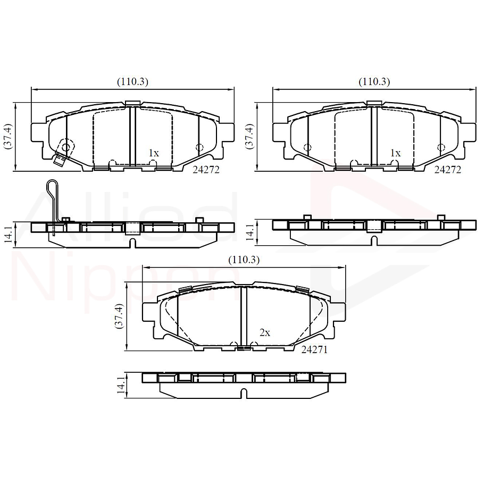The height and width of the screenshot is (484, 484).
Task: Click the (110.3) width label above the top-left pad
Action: [132, 81]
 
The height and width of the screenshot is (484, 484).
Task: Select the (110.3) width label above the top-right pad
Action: [374, 81]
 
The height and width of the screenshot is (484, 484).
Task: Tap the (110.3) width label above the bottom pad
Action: [244, 260]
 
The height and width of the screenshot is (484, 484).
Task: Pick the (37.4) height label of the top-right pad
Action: [248, 137]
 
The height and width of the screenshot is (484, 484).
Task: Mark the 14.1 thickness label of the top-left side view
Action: [7, 234]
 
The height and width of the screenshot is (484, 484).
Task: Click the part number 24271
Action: [314, 349]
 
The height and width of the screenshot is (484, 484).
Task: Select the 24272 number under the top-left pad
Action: [206, 170]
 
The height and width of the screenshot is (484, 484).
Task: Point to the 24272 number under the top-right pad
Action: [447, 170]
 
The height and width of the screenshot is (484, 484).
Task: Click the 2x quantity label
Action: [265, 332]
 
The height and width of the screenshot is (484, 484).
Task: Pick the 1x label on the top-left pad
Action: [153, 153]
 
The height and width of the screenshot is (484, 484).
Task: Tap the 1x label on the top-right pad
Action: [395, 153]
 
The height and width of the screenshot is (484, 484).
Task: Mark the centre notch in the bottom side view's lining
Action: [244, 394]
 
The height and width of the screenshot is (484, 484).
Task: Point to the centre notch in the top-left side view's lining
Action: [132, 244]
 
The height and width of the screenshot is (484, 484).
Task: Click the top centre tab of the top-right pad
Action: [374, 103]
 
